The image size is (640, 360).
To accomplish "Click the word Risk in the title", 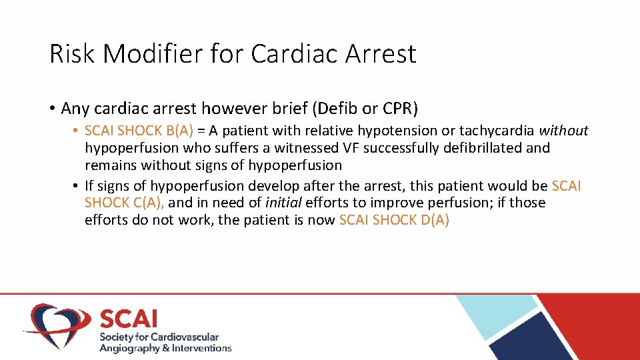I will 69,54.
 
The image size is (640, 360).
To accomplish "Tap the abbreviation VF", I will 350,148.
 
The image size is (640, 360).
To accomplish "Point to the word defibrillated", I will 485,148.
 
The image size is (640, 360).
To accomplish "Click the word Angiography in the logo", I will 129,348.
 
